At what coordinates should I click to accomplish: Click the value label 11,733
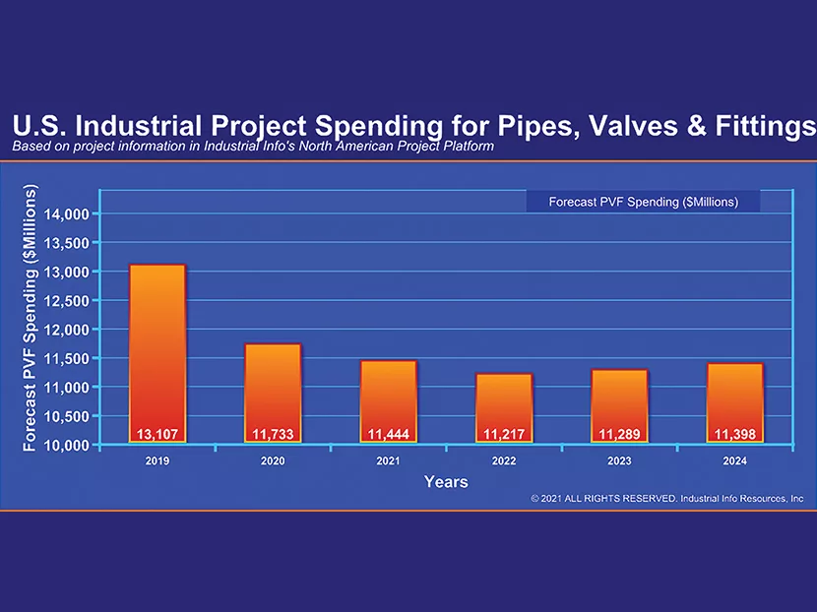point(273,434)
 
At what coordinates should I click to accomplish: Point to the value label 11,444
point(388,434)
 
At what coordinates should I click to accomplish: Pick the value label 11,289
point(619,434)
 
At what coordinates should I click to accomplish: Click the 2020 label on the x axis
point(273,460)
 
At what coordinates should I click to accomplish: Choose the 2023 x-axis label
point(619,460)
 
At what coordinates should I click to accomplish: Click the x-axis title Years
point(446,482)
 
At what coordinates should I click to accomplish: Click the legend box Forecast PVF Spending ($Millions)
point(643,202)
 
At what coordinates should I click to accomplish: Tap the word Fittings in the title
point(762,127)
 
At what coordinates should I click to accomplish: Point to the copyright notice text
point(666,499)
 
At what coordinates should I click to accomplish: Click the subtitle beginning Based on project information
point(253,147)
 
